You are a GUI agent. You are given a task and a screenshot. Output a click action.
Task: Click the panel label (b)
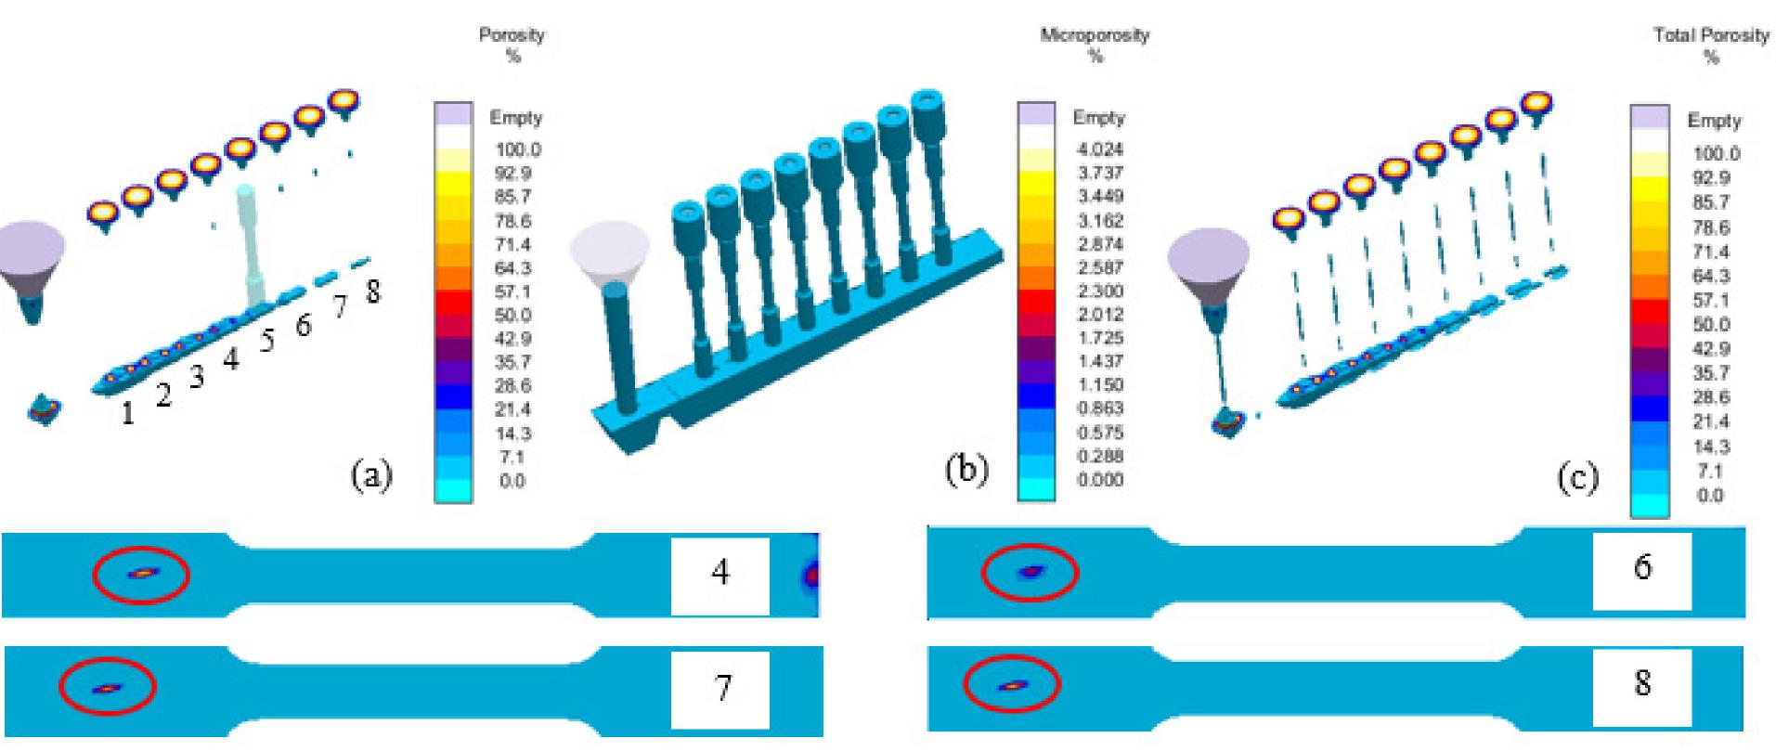tap(966, 470)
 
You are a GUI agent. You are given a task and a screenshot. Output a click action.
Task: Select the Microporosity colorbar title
tap(1095, 36)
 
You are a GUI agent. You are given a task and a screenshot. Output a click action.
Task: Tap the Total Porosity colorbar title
tap(1711, 36)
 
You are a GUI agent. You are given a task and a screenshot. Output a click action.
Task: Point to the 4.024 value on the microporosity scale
tap(1098, 149)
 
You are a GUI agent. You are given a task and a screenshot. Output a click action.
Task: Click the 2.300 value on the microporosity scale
tap(1098, 291)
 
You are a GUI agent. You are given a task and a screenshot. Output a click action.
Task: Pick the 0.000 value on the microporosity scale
tap(1098, 480)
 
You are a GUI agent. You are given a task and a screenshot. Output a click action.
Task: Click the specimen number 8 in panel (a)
tap(371, 291)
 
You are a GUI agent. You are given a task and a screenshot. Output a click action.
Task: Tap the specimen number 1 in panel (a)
tap(127, 413)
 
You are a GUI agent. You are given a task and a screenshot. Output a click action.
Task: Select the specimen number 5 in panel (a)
tap(267, 342)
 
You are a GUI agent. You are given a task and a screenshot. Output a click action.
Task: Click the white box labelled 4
tap(720, 575)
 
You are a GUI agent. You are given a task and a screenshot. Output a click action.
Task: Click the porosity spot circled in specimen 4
tap(140, 575)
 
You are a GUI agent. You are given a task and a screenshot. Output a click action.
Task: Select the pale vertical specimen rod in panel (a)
tap(248, 246)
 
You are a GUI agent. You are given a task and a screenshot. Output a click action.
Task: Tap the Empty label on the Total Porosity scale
tap(1714, 121)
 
